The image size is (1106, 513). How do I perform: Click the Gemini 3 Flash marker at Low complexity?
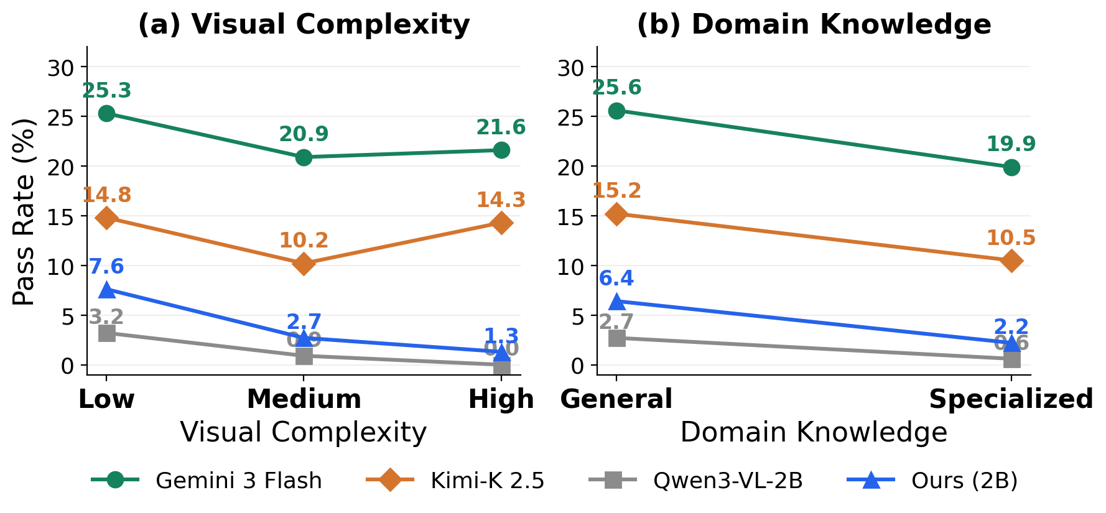pos(106,113)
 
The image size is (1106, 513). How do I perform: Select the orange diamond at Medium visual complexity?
pos(304,264)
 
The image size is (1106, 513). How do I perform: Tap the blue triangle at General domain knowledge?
pos(616,302)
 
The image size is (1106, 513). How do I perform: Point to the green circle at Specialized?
pos(1011,167)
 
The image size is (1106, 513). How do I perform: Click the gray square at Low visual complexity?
pos(106,333)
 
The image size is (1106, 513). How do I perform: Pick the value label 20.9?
pos(304,134)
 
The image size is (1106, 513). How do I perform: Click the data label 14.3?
pos(501,200)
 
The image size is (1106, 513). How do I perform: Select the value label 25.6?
pos(616,88)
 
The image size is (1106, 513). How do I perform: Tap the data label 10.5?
pos(1011,238)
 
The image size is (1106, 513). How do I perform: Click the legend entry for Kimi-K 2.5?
pos(487,481)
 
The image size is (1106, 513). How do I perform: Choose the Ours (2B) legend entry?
pos(964,481)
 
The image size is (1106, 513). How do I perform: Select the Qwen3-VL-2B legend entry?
pos(728,481)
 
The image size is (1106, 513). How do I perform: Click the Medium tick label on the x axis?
pos(304,399)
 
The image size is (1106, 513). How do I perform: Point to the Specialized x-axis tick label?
pos(1011,399)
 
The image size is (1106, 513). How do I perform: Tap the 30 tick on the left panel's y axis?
pos(61,67)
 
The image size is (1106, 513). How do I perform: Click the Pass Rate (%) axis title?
pos(25,211)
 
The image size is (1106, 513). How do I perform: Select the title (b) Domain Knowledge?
pos(814,25)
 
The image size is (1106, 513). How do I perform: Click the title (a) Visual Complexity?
pos(304,25)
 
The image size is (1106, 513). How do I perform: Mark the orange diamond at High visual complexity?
pos(501,223)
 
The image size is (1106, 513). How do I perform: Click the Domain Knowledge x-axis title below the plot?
pos(814,432)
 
